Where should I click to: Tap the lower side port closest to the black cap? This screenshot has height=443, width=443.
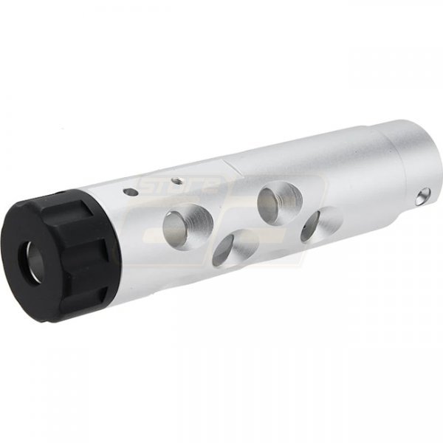(231, 247)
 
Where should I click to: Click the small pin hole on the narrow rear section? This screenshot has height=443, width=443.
(423, 196)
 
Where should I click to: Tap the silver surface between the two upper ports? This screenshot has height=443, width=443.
(229, 207)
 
